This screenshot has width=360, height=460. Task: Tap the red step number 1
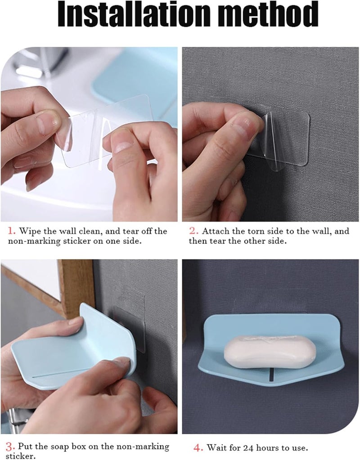[x=11, y=231]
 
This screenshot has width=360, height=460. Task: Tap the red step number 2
[x=193, y=231]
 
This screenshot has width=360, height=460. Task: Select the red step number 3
[x=10, y=447]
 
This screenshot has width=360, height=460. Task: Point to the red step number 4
[x=198, y=448]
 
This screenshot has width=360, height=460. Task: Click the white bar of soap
[x=270, y=352]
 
